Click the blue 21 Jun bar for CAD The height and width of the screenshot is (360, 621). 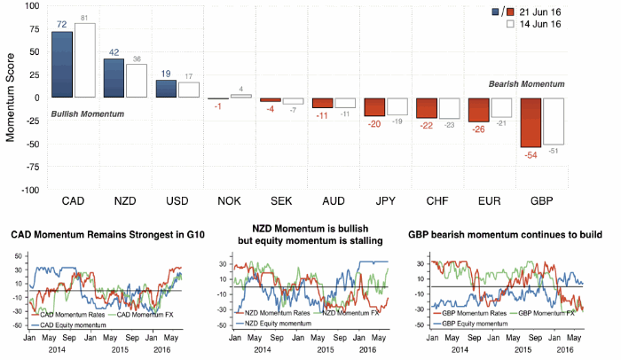coord(62,64)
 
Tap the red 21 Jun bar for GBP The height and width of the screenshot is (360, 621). coord(531,122)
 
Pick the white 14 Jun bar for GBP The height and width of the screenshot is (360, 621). coord(554,121)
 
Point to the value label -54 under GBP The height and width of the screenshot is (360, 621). coord(531,155)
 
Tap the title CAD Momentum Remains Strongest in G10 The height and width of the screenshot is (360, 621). coord(104,235)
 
